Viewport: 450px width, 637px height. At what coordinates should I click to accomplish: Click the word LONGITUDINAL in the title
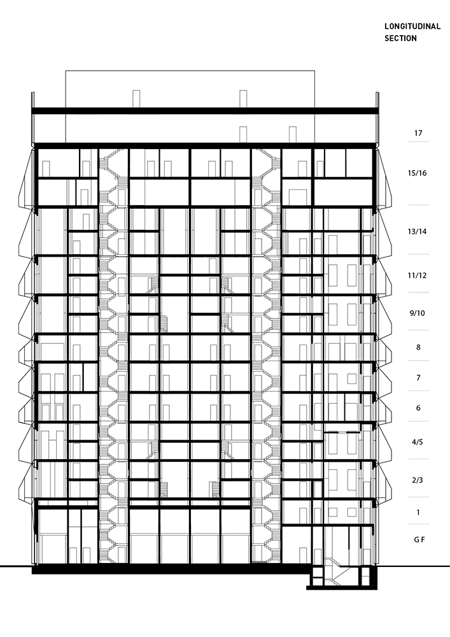[x=412, y=26]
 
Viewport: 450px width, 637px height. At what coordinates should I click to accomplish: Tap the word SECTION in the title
[x=400, y=38]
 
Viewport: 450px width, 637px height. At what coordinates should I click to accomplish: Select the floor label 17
[x=418, y=133]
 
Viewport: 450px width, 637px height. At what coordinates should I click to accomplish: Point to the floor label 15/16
[x=417, y=173]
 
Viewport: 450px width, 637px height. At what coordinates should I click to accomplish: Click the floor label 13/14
[x=417, y=232]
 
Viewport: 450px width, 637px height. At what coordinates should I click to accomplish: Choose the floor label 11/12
[x=417, y=275]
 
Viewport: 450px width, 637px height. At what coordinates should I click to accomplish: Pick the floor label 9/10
[x=417, y=313]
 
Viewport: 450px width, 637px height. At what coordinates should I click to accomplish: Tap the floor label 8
[x=418, y=347]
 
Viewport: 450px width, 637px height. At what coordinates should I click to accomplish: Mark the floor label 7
[x=418, y=378]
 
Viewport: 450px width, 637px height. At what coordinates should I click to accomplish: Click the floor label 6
[x=418, y=408]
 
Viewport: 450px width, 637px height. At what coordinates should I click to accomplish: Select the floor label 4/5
[x=417, y=442]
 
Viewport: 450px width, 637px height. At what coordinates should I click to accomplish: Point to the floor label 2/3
[x=417, y=480]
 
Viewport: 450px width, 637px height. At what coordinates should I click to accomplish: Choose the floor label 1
[x=418, y=513]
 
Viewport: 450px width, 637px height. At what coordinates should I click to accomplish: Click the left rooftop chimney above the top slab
[x=136, y=99]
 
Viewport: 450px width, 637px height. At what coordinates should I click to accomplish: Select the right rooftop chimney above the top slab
[x=243, y=99]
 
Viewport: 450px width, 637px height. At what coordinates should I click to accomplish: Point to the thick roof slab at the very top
[x=206, y=110]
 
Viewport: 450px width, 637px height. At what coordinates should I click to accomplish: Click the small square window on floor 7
[x=352, y=378]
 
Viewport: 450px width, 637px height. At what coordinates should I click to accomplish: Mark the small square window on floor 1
[x=333, y=512]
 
